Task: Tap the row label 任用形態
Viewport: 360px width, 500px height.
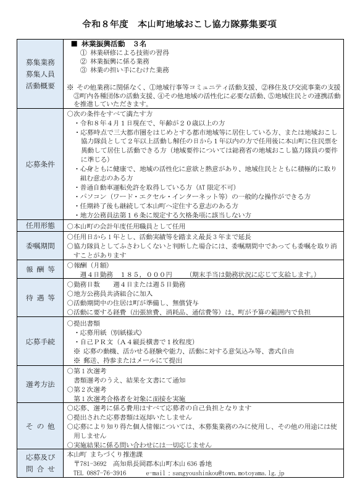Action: coord(40,226)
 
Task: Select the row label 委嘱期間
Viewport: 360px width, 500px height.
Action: coord(40,245)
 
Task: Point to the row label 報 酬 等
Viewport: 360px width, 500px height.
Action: coord(40,269)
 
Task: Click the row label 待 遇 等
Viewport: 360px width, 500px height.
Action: coord(40,297)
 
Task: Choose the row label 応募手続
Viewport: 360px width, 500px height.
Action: coord(40,341)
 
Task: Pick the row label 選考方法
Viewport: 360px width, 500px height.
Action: coord(40,384)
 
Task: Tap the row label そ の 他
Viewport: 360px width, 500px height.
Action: coord(40,426)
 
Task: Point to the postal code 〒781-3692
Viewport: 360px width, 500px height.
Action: coord(90,464)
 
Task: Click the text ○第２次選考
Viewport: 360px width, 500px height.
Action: coord(90,389)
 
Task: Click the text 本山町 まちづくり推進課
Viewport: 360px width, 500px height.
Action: coord(101,454)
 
